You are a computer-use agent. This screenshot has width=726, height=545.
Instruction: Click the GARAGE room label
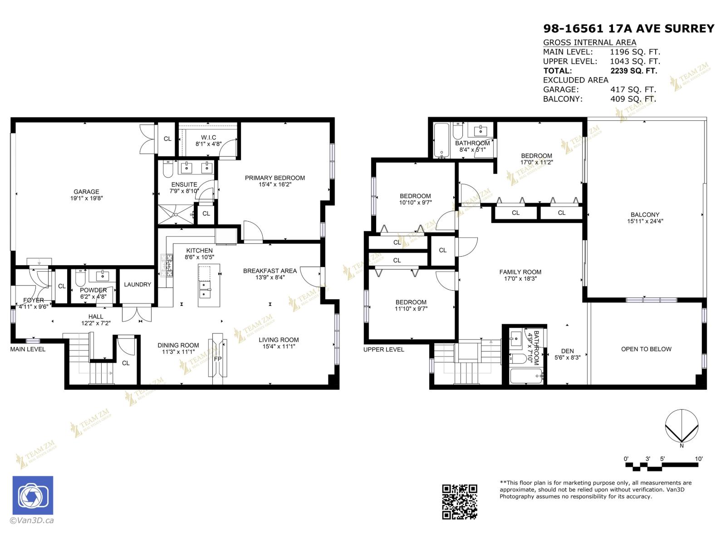tap(86, 192)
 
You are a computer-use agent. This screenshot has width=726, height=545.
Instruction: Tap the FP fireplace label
tap(218, 359)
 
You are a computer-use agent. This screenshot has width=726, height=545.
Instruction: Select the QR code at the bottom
tap(460, 501)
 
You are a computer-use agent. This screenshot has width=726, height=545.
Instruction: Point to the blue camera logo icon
tap(33, 495)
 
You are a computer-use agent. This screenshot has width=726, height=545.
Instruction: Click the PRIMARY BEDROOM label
tap(275, 178)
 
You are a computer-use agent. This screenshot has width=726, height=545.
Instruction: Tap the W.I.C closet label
tap(208, 138)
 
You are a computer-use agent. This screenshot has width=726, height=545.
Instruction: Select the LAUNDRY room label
tap(137, 285)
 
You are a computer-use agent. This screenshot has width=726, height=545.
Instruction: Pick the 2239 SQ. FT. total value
tap(633, 71)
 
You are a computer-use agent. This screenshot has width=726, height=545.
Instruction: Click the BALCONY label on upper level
tap(644, 215)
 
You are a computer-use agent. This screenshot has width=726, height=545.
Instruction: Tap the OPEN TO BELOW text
tap(646, 349)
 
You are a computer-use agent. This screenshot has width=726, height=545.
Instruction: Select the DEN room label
tap(567, 351)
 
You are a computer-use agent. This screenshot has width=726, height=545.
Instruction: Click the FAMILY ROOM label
tap(520, 272)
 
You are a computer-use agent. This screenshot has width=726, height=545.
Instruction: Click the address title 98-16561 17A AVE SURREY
tap(628, 29)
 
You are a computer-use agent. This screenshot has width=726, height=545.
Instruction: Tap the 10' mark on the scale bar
tap(699, 459)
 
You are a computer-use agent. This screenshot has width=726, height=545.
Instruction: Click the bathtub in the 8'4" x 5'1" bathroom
tap(441, 139)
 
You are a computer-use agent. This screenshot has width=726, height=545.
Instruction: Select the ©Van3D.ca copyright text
tap(32, 520)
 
